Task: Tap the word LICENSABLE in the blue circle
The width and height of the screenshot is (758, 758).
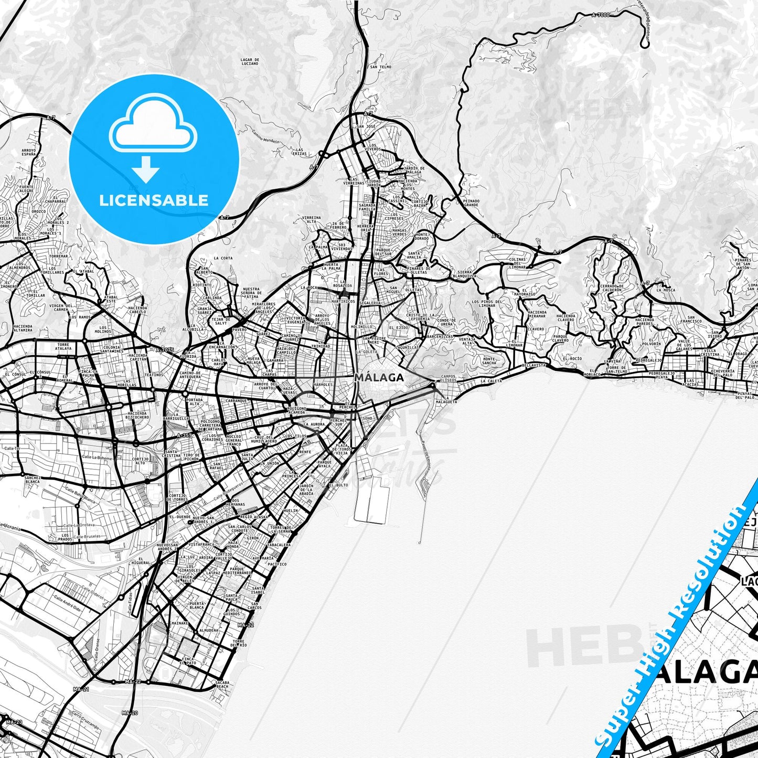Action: (154, 200)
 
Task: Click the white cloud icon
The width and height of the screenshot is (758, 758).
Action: (153, 127)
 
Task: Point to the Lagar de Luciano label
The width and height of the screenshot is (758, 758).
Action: (250, 62)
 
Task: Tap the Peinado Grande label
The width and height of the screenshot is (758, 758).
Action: (471, 202)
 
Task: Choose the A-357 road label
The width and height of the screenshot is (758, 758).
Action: (185, 435)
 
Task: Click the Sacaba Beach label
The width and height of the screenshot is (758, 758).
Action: (222, 684)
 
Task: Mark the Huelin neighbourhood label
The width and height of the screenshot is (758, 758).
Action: (290, 510)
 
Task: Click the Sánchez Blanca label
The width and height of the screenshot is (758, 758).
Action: (33, 479)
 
